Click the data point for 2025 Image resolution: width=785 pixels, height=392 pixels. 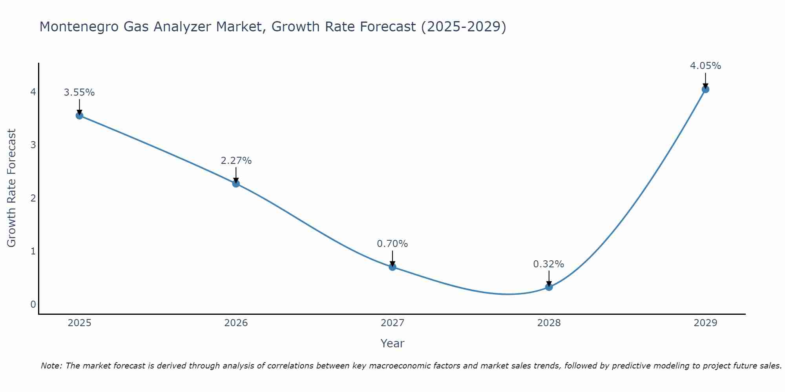(x=79, y=116)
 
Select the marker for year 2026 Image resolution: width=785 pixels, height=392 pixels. (x=236, y=183)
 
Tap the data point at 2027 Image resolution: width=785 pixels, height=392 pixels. (x=392, y=267)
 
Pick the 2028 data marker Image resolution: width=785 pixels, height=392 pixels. (x=549, y=287)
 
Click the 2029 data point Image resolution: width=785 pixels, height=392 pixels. (x=705, y=89)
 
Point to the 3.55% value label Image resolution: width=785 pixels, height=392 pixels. (x=79, y=93)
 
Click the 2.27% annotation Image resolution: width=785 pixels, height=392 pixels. (x=236, y=161)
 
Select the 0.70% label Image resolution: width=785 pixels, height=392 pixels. (x=392, y=244)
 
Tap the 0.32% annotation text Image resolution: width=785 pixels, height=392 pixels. (x=549, y=264)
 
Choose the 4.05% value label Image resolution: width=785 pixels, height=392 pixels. (x=705, y=66)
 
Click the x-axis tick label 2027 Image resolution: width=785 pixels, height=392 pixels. (x=392, y=323)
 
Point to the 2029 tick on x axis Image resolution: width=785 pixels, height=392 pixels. (x=705, y=323)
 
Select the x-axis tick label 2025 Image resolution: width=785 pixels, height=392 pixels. (x=79, y=323)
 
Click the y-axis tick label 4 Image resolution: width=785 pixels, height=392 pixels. (x=33, y=92)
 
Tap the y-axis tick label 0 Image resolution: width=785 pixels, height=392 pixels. (x=33, y=304)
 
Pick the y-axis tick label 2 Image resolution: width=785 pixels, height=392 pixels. (x=33, y=198)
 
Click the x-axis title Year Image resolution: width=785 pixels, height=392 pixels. (x=392, y=343)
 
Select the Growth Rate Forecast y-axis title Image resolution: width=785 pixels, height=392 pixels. (x=12, y=188)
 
